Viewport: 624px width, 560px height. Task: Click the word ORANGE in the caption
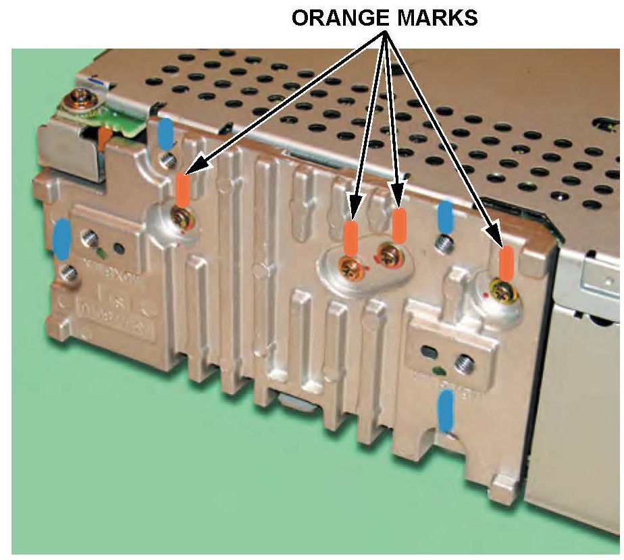pos(337,18)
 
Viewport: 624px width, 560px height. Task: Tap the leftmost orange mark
pos(182,190)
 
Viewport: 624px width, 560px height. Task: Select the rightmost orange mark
pos(505,262)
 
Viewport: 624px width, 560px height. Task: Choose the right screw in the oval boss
pos(388,255)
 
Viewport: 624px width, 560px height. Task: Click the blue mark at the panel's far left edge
pos(61,238)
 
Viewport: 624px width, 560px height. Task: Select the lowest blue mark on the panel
pos(445,409)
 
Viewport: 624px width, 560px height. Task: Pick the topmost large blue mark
pos(164,133)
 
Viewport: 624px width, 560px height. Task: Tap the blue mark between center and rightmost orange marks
pos(445,217)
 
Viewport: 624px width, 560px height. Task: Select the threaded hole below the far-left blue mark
pos(66,272)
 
